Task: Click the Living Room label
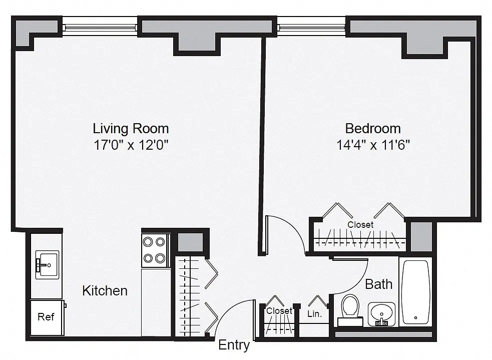coord(131,129)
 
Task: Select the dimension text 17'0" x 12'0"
coord(131,145)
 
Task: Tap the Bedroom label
coord(373,129)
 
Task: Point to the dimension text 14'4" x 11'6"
coord(373,145)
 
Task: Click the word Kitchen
coord(105,290)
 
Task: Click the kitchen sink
coord(47,265)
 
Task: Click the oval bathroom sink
coord(381,313)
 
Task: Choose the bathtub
coord(415,292)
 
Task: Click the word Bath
coord(379,284)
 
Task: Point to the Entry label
coord(234,345)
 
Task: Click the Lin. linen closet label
coord(314,314)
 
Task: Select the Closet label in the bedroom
coord(360,225)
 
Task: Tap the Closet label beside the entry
coord(279,311)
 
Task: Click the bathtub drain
coord(416,317)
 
